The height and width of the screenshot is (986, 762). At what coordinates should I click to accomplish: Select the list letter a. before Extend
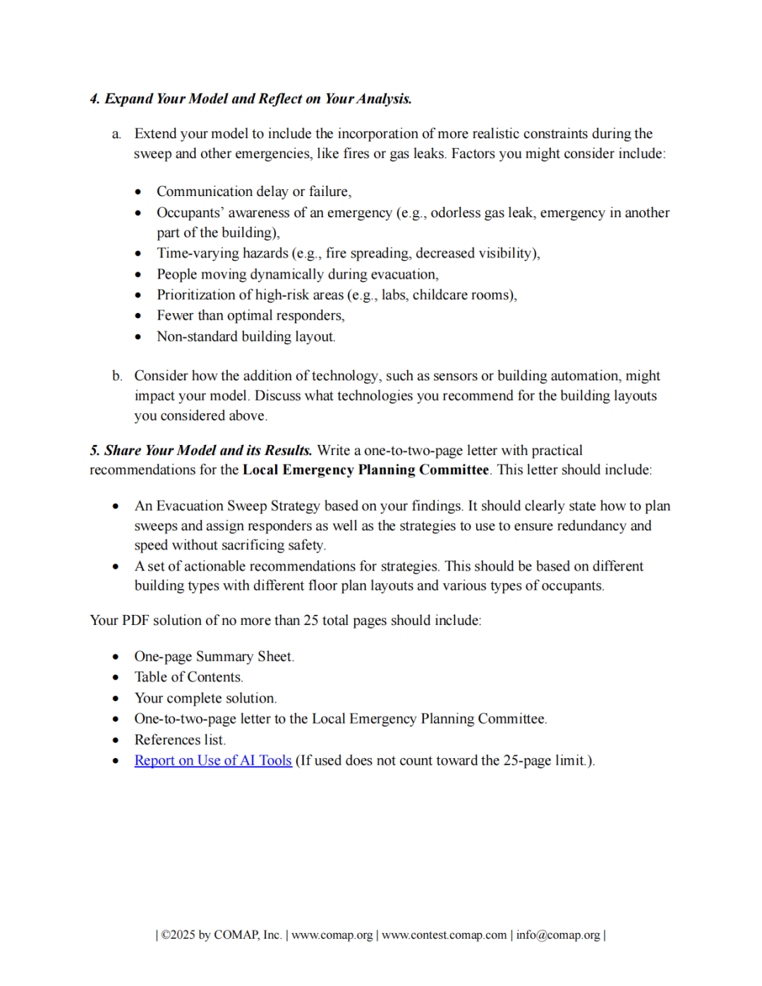116,134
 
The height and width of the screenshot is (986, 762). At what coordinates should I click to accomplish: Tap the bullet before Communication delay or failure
138,192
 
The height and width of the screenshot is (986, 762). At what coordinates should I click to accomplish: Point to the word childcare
442,295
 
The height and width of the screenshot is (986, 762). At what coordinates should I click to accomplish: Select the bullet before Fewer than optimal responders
138,316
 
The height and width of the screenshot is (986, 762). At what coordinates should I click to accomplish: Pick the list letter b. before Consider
116,376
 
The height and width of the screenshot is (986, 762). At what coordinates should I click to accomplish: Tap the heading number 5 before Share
95,451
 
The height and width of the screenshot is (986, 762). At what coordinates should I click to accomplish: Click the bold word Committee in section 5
454,470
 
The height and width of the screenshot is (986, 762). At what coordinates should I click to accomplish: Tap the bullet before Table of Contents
116,678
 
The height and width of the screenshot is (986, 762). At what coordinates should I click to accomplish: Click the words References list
180,740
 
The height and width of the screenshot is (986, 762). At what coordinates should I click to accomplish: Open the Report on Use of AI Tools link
213,760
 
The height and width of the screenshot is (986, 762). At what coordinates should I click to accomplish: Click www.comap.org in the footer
332,935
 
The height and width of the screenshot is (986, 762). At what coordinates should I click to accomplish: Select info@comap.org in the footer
557,935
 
